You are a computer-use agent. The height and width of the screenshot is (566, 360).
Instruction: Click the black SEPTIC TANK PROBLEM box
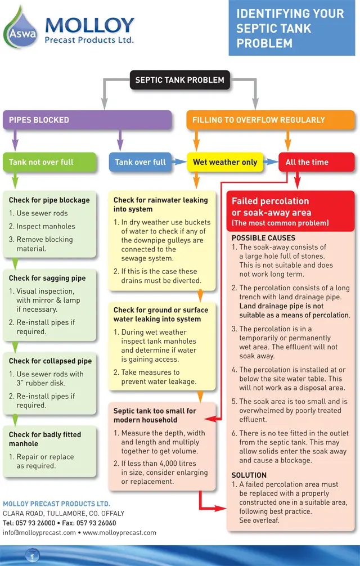180,80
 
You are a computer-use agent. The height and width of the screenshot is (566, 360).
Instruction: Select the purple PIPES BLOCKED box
87,120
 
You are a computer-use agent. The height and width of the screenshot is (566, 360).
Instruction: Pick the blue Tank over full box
140,162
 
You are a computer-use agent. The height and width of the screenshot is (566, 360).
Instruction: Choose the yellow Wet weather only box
224,162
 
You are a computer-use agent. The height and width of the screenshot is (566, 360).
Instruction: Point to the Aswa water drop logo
21,28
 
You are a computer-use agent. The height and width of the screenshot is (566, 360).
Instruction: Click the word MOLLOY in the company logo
89,25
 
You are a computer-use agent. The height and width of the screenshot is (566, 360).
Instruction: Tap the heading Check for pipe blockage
49,200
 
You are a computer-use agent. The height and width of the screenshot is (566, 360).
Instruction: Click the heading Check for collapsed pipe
50,361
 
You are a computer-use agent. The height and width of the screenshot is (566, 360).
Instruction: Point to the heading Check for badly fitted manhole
45,439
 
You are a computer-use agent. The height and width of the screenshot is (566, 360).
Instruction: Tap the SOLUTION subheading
249,475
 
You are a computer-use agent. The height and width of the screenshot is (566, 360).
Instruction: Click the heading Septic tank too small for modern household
155,415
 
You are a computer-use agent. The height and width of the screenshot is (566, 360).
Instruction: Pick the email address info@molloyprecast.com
39,533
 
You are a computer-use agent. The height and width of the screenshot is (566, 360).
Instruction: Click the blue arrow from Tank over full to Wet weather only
179,162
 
